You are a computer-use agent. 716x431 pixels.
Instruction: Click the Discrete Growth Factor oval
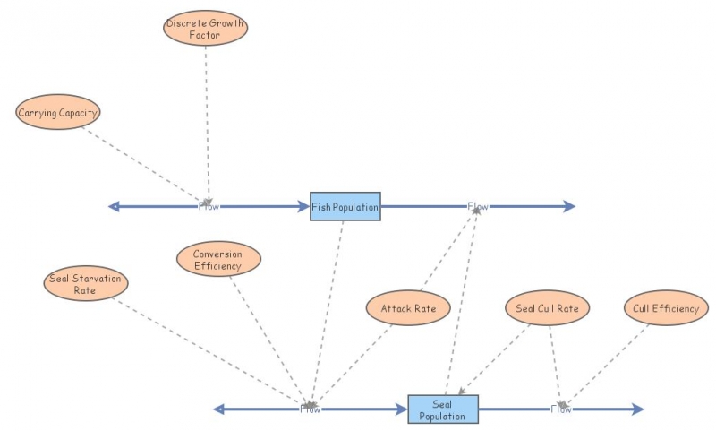click(x=205, y=28)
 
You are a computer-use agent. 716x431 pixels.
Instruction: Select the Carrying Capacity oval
click(x=58, y=113)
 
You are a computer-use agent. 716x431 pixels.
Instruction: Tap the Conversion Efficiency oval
click(x=218, y=259)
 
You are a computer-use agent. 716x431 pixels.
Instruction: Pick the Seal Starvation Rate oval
click(x=85, y=283)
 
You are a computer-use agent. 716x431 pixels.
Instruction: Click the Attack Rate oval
click(x=408, y=308)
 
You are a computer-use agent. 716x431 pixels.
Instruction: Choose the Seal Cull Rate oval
click(x=548, y=308)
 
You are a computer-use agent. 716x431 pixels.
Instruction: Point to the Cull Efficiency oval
click(x=666, y=308)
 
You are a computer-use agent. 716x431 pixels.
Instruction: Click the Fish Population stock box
click(x=345, y=207)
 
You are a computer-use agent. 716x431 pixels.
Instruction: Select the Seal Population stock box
click(x=443, y=409)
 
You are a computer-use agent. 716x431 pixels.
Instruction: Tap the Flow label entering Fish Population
click(x=209, y=207)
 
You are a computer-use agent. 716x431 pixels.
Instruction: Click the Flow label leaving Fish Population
click(x=478, y=207)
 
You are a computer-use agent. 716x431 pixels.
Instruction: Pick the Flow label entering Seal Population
click(x=310, y=409)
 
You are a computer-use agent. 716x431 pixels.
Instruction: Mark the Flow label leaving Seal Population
click(x=560, y=409)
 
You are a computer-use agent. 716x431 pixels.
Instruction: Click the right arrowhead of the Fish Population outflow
click(x=569, y=207)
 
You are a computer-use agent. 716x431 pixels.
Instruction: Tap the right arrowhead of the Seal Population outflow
click(x=637, y=409)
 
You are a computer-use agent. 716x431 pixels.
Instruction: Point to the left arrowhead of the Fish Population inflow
click(x=114, y=207)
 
